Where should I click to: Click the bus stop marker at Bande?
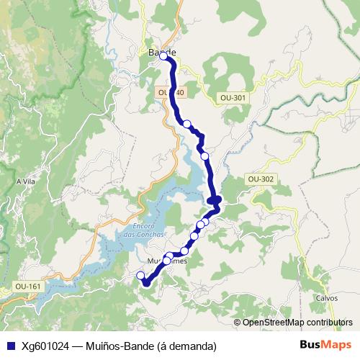[163, 55]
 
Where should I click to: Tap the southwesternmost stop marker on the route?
[141, 275]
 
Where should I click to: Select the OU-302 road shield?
[259, 178]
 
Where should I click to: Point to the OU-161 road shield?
[27, 287]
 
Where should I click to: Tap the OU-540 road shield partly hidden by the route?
[170, 93]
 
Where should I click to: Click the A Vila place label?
[26, 182]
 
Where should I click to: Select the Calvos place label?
[326, 297]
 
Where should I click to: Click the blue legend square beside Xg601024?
[9, 346]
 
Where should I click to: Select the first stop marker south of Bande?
[187, 124]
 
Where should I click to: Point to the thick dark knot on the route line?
[215, 200]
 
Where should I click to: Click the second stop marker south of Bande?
[204, 156]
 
